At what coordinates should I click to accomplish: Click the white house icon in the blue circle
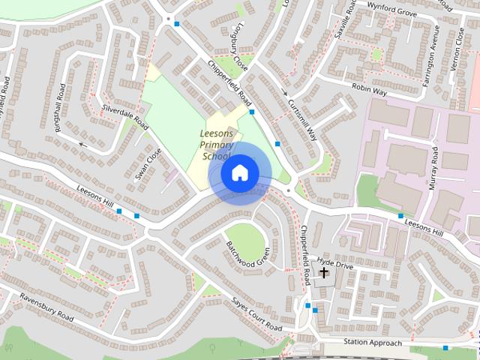(x=239, y=172)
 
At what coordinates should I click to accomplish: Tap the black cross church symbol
(x=324, y=274)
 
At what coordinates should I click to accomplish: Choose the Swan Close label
(x=148, y=166)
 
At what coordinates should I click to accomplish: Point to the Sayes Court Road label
(x=256, y=315)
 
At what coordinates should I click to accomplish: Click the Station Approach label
(x=372, y=343)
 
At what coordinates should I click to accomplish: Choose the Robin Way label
(x=368, y=89)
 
